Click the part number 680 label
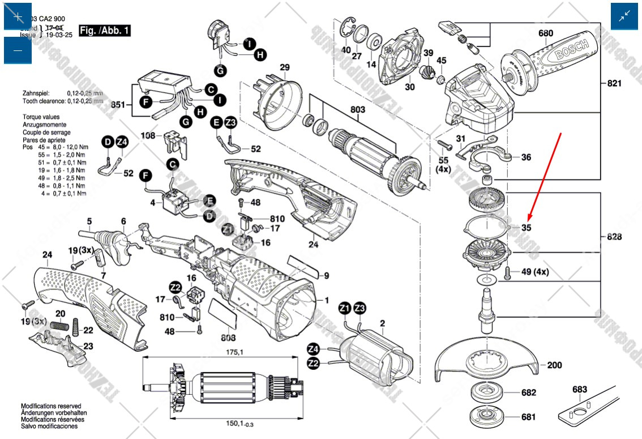point(545,33)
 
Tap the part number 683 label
point(580,390)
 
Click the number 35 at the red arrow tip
point(527,228)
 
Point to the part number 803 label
point(358,109)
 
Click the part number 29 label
point(284,67)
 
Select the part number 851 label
point(118,105)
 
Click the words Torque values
point(41,117)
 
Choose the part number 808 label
point(228,338)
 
